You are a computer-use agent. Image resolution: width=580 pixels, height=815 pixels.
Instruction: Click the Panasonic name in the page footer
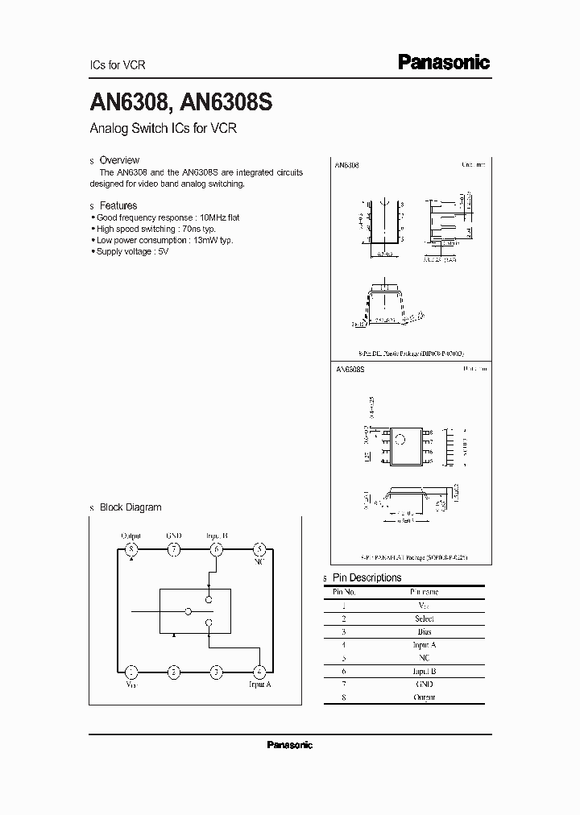289,745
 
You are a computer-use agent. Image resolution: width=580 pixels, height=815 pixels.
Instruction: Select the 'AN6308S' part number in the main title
228,103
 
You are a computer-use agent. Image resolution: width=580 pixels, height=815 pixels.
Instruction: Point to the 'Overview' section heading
119,160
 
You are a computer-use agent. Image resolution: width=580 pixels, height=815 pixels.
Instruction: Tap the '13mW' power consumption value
205,240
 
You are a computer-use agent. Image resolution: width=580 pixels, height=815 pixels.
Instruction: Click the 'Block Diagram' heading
130,507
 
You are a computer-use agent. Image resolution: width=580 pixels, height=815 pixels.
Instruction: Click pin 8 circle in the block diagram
131,549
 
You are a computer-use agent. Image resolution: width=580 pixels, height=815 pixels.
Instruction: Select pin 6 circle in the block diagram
216,549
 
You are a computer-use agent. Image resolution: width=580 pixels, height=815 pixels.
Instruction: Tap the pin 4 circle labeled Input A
259,671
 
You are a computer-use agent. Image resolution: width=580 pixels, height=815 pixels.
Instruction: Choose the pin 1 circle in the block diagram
131,671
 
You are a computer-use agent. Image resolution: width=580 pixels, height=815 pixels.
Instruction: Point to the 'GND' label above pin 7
174,535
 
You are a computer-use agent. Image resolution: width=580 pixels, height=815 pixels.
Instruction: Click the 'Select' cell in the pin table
424,618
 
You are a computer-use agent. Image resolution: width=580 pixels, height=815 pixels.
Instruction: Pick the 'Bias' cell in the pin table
424,631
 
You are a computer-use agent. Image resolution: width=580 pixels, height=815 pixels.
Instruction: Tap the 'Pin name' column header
424,592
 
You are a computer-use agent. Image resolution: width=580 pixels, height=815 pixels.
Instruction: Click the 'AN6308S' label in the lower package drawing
350,368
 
